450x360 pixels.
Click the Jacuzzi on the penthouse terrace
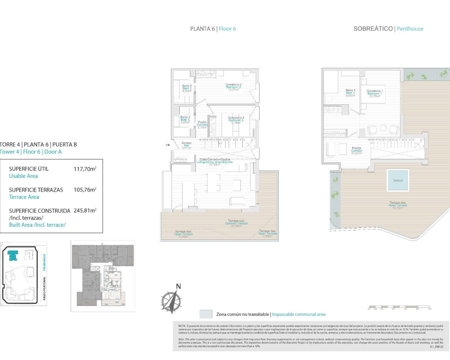click(x=398, y=180)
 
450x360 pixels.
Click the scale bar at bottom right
click(x=399, y=307)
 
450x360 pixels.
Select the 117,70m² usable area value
click(x=85, y=169)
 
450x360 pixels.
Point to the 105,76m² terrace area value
click(x=85, y=189)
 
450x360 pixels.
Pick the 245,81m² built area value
click(x=85, y=211)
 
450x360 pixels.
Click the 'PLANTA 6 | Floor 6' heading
click(x=213, y=29)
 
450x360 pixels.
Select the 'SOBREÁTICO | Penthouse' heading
click(x=388, y=29)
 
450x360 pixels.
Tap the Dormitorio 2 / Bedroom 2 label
click(x=233, y=87)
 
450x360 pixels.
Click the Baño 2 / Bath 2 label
click(x=187, y=88)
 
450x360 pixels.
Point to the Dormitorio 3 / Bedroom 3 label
click(x=236, y=120)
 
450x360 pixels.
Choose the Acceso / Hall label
click(x=186, y=145)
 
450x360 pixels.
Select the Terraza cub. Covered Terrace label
click(x=236, y=223)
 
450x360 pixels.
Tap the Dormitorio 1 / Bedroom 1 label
click(x=374, y=93)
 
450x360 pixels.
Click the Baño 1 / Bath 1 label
click(x=350, y=92)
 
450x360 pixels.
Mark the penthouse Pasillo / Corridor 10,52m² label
click(x=356, y=150)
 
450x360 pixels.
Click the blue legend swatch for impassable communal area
click(x=206, y=314)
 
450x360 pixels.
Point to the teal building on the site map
click(x=13, y=255)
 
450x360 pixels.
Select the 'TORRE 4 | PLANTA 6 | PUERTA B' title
click(x=38, y=144)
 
